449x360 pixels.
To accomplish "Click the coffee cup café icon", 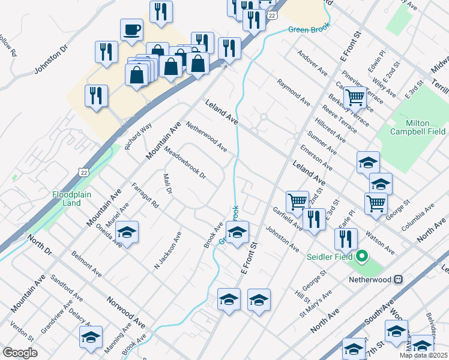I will [x=131, y=29].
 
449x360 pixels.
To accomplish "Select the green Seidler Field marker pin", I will [x=361, y=258].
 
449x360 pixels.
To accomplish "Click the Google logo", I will [x=20, y=353].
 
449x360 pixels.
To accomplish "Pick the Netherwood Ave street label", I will [x=206, y=137].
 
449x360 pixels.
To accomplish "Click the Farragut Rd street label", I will [x=145, y=196].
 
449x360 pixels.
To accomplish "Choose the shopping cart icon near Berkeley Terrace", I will [x=355, y=96].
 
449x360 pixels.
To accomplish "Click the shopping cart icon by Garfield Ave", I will [x=297, y=202].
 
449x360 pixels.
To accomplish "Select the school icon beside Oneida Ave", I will [x=127, y=232].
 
